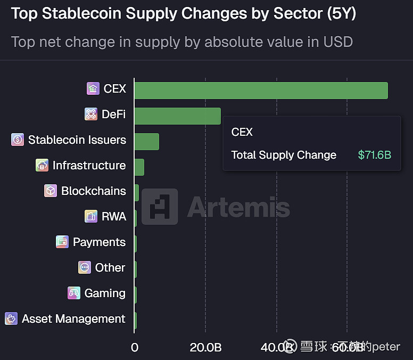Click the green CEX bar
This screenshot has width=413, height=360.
[x=261, y=91]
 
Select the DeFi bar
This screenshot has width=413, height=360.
[x=177, y=116]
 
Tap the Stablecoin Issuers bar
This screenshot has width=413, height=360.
[x=146, y=142]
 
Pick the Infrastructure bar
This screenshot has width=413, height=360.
[x=139, y=167]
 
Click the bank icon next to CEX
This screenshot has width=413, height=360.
[x=93, y=89]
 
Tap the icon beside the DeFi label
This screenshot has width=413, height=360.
[x=91, y=114]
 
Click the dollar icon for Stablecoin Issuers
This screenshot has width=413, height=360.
[x=18, y=140]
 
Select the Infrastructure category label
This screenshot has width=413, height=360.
[x=89, y=165]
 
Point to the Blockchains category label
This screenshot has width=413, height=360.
[x=94, y=191]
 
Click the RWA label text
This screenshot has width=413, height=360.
[x=114, y=216]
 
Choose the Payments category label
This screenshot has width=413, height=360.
[x=99, y=242]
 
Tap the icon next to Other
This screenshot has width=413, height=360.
[x=84, y=267]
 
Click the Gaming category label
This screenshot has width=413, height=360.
[x=105, y=293]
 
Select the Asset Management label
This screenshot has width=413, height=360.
[x=73, y=318]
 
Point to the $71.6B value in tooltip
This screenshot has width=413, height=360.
[x=375, y=155]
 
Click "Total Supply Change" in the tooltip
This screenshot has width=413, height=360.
[x=284, y=155]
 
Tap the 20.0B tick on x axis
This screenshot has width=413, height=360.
[x=205, y=347]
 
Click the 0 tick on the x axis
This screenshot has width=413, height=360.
[x=135, y=347]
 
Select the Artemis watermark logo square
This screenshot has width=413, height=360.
[x=160, y=206]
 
